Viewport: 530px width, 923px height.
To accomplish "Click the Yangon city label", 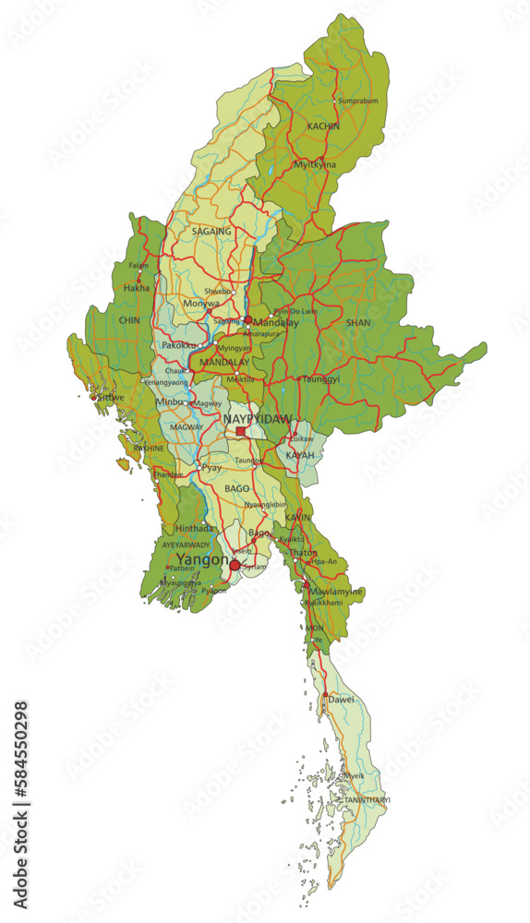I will click(x=202, y=559).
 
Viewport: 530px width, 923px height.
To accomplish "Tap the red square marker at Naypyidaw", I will click(x=241, y=431).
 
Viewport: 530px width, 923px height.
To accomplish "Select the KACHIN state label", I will click(x=323, y=126).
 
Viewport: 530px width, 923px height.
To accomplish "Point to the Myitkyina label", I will click(x=315, y=164).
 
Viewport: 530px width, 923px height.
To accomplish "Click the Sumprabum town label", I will click(x=358, y=100).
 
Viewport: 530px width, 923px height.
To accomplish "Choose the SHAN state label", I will click(x=358, y=323).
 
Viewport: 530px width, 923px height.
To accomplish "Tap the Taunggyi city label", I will click(x=321, y=378).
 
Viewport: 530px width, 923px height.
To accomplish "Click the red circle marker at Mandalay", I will click(x=247, y=320).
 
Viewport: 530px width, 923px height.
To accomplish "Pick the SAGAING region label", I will click(x=211, y=232).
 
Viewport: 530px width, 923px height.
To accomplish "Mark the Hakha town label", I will click(x=136, y=288).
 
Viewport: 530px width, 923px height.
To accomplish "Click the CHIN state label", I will click(x=128, y=320).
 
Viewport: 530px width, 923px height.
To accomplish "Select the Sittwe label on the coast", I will click(x=111, y=397).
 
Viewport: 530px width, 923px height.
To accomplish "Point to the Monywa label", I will click(x=201, y=303).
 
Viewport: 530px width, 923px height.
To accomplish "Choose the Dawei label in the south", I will click(x=342, y=700).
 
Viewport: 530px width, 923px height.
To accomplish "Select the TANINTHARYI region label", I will click(x=367, y=799).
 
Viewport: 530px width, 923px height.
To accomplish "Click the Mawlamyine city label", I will click(x=336, y=592).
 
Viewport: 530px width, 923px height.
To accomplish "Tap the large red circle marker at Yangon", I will click(x=235, y=565).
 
